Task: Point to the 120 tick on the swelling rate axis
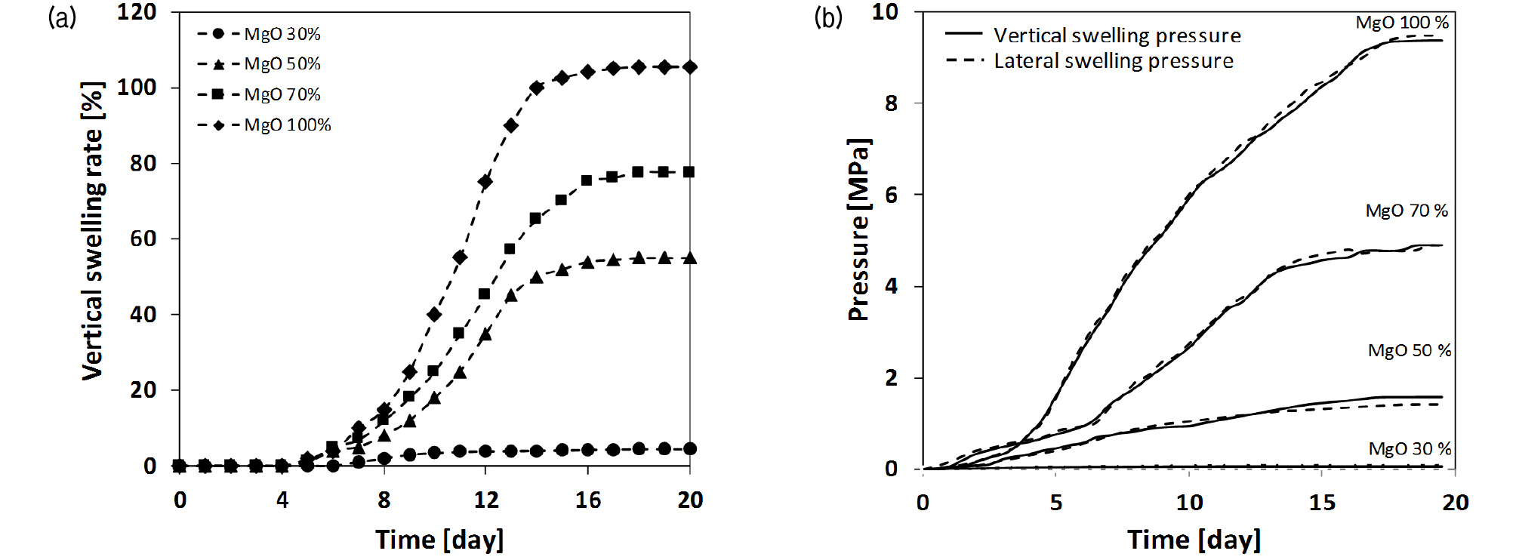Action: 137,12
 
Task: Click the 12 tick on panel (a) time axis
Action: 485,500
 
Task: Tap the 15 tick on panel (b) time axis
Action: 1321,503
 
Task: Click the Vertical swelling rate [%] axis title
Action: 92,231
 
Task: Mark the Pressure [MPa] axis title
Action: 859,230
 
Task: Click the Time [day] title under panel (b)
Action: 1194,540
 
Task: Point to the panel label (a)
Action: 62,17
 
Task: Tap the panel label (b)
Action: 827,17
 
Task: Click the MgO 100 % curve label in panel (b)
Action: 1402,23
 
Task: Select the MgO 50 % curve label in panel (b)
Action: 1409,350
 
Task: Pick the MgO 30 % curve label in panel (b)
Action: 1410,449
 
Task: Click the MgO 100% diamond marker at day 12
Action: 485,182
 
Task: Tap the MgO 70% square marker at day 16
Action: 587,180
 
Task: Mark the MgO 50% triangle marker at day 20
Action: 689,258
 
